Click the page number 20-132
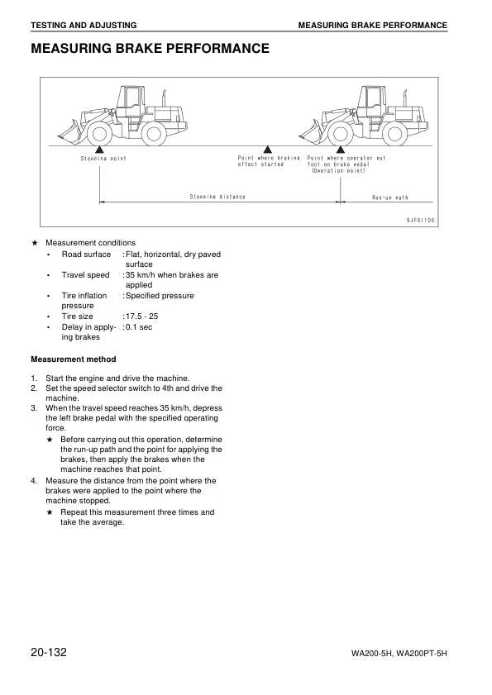[48, 653]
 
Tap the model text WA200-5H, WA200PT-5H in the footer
[399, 655]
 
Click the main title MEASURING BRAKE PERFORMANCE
[150, 49]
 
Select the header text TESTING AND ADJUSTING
[84, 26]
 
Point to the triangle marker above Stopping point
[99, 150]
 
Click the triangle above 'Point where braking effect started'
[267, 150]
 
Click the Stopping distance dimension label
[217, 197]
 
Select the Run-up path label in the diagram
[389, 198]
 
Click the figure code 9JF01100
[420, 221]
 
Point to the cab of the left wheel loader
[130, 102]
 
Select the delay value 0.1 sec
[139, 327]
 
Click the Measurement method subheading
[73, 359]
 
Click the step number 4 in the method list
[34, 480]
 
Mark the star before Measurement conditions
[34, 243]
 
